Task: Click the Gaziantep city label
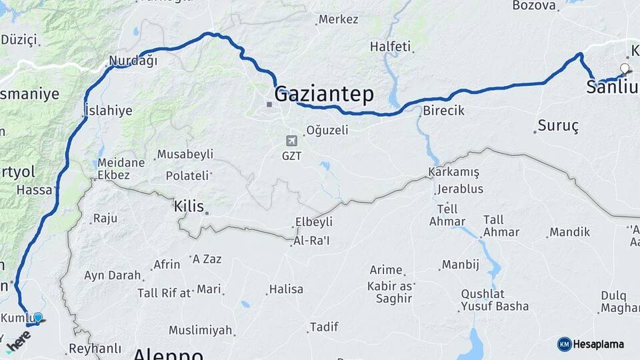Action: click(324, 94)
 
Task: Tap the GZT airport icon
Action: click(291, 141)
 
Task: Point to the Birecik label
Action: click(443, 111)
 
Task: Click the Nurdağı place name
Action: click(133, 61)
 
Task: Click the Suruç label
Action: click(558, 125)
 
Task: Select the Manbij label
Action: click(461, 265)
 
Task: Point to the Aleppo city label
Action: click(168, 353)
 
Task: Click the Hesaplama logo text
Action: click(599, 345)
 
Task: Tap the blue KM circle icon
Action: click(564, 344)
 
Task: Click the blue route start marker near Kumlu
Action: click(38, 318)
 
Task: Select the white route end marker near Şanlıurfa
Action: click(625, 68)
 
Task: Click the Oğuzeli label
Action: click(327, 131)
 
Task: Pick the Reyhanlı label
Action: click(95, 348)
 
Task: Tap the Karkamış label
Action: click(454, 172)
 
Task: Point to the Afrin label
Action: click(167, 265)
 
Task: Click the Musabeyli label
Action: click(185, 154)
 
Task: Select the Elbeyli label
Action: click(314, 222)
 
